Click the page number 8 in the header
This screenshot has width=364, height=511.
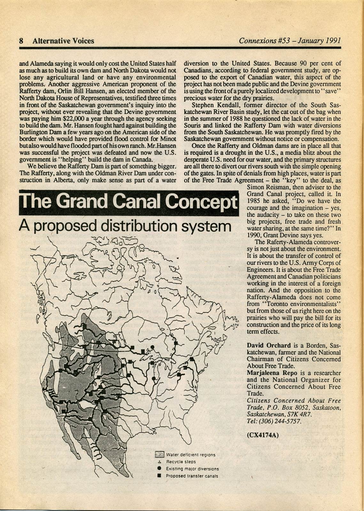(21, 41)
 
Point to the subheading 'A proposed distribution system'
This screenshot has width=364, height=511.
(125, 226)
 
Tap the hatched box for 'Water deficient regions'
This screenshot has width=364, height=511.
(159, 454)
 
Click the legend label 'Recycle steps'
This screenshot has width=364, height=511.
(181, 462)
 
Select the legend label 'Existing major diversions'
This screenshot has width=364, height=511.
(192, 469)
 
